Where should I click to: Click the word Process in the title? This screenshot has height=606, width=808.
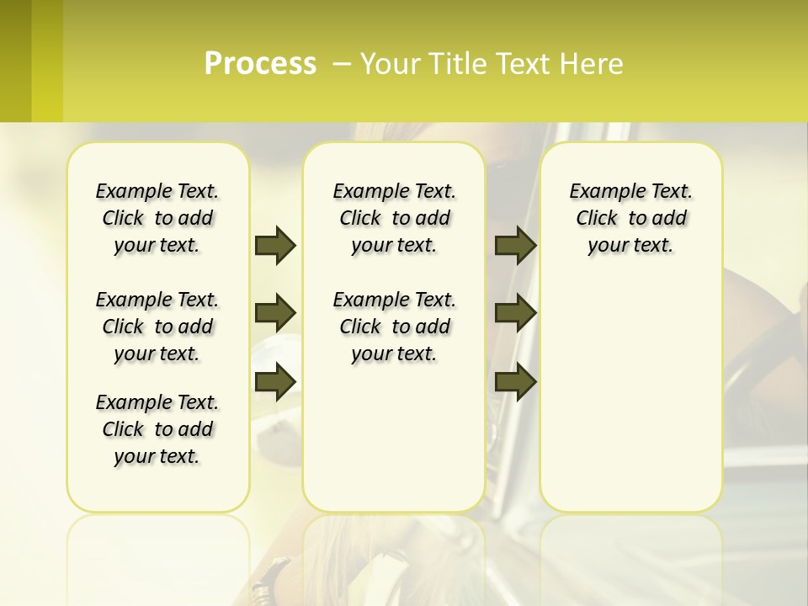(x=260, y=64)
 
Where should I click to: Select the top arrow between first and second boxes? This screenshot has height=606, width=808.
(x=275, y=245)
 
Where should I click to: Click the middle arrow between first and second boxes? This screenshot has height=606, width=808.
(x=275, y=314)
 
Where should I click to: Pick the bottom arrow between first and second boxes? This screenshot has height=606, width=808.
(x=275, y=381)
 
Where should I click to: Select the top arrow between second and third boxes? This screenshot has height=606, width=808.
(x=515, y=245)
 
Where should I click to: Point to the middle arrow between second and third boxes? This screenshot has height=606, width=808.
(x=515, y=314)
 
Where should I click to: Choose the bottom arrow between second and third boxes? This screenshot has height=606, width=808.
(x=515, y=381)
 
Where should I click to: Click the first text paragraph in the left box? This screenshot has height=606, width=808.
(x=157, y=219)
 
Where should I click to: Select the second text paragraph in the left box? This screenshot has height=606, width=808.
(x=157, y=327)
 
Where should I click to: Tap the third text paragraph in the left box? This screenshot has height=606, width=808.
(x=157, y=429)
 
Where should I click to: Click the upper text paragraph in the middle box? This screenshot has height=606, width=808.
(x=394, y=219)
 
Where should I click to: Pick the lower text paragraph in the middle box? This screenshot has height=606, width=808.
(x=394, y=327)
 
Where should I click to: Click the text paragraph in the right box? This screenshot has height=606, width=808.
(x=630, y=219)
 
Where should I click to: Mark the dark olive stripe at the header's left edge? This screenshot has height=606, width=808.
(x=15, y=61)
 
